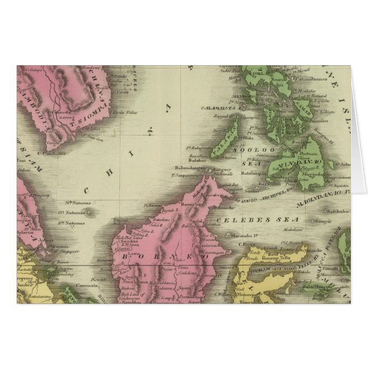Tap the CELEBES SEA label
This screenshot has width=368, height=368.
pyautogui.click(x=231, y=218)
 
